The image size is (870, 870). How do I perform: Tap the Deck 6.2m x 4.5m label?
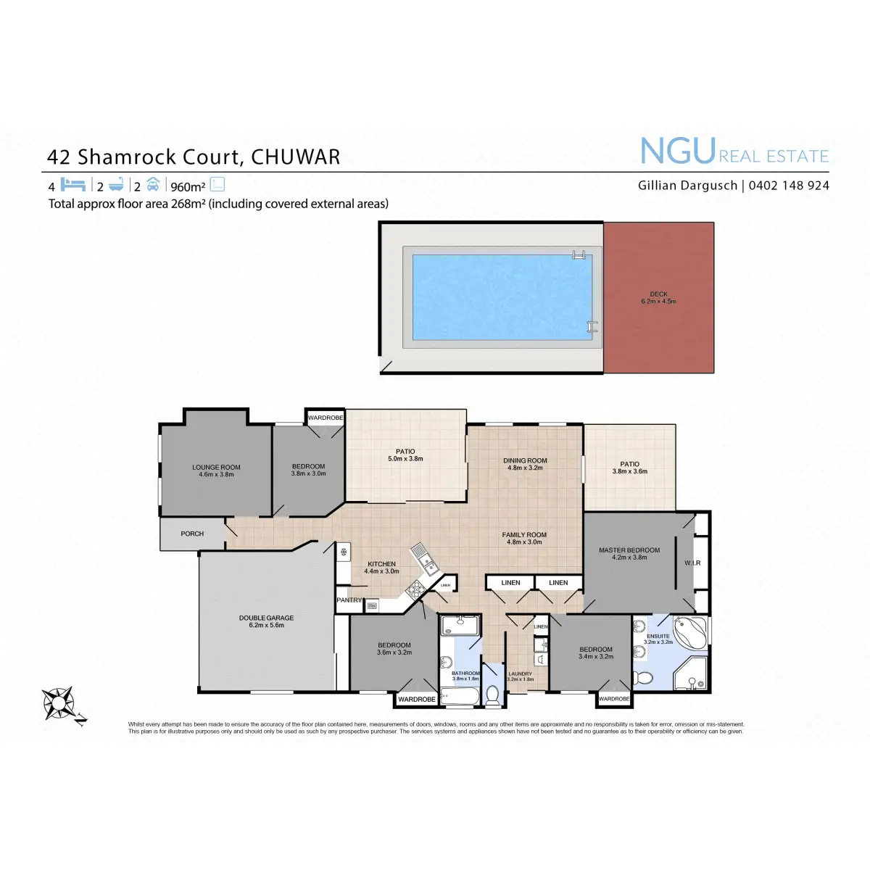point(658,298)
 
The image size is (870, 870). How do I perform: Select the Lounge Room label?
point(216,471)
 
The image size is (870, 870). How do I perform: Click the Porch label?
point(192,534)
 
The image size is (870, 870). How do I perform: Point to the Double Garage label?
point(266,621)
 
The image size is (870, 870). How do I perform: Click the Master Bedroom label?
point(629,553)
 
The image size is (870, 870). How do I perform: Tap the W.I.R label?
point(692,563)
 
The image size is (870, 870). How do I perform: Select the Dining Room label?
point(525,464)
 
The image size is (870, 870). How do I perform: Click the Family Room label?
point(524,538)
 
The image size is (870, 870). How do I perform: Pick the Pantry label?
point(349,600)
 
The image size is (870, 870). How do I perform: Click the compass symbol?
point(58,703)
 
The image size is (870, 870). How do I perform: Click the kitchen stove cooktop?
point(416,590)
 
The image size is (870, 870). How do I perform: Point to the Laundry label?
point(520,676)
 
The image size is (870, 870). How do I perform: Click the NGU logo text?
point(677,152)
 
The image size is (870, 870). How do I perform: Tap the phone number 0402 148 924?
point(789,186)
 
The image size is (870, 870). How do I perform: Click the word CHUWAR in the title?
point(295,157)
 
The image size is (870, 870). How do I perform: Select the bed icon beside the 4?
point(72,185)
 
